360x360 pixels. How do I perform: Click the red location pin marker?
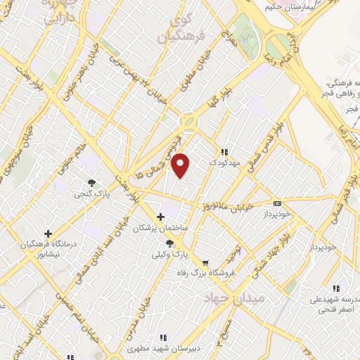[x=181, y=165]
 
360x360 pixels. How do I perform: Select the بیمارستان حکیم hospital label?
[x=279, y=6]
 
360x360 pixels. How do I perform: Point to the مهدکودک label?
[x=225, y=162]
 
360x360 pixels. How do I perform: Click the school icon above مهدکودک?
[x=224, y=152]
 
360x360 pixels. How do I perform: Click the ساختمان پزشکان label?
[x=162, y=228]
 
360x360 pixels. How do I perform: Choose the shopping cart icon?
[x=205, y=262]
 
